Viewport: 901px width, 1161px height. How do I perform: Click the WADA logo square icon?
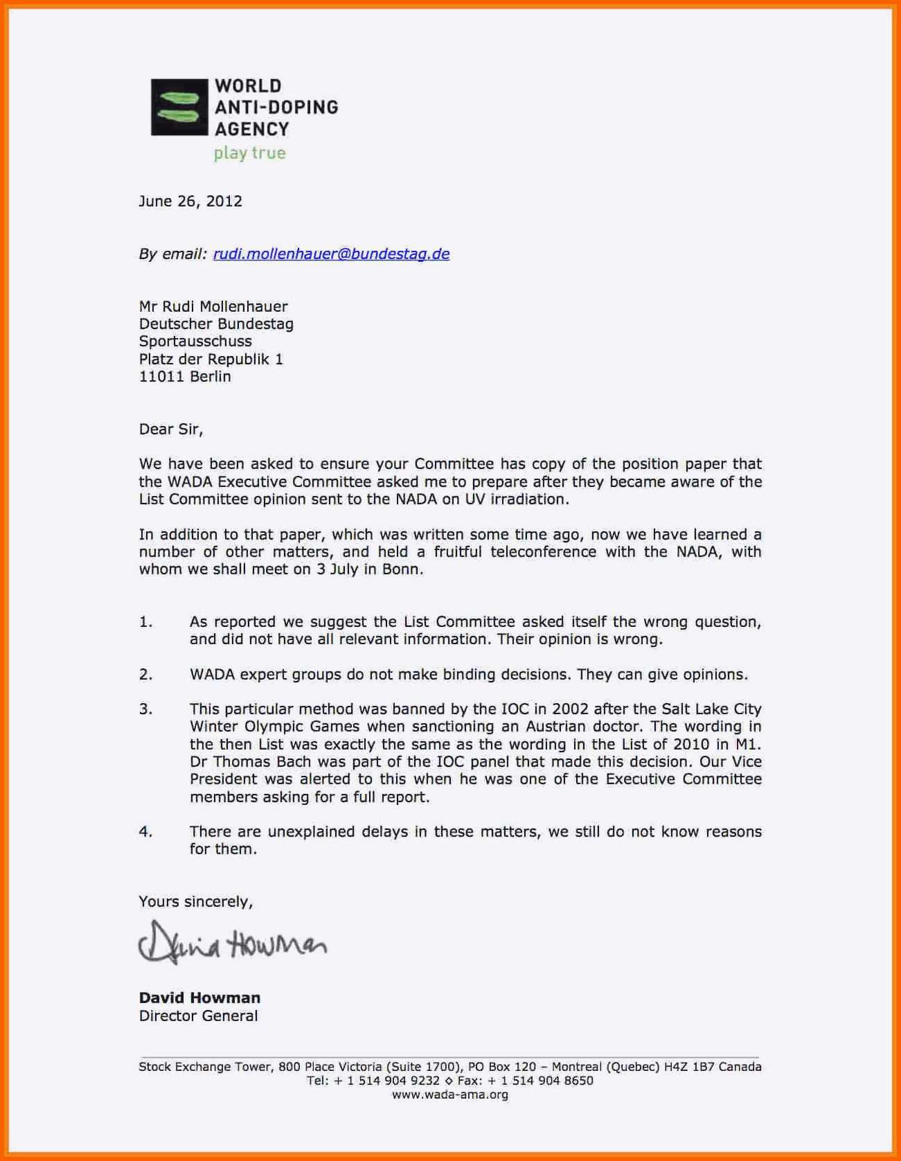point(179,107)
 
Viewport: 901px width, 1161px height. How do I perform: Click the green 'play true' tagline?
point(249,153)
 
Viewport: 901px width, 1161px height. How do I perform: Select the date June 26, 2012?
point(190,202)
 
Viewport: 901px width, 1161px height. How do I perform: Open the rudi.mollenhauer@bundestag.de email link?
point(331,254)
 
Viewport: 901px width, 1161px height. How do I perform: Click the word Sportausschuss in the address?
point(195,342)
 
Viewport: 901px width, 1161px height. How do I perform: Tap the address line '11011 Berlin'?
point(185,377)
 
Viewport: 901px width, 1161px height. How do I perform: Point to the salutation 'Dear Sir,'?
point(171,429)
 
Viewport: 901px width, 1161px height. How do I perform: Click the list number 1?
point(145,622)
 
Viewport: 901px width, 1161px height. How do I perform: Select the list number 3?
point(145,709)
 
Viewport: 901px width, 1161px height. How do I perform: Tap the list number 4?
point(145,831)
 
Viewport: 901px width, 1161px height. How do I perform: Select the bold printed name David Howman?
point(199,998)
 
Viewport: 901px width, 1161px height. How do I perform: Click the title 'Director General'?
point(198,1016)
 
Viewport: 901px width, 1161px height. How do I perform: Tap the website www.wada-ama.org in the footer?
point(450,1095)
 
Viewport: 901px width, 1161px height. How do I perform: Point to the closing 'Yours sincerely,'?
point(196,902)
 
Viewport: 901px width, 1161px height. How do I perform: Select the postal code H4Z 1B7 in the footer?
point(688,1067)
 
